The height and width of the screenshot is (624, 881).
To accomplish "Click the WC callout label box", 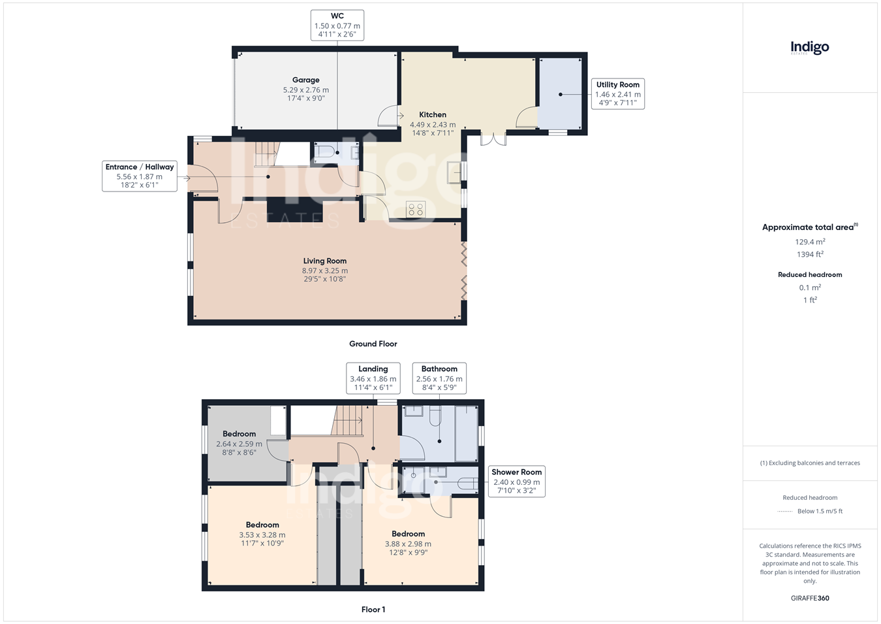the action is (x=337, y=25).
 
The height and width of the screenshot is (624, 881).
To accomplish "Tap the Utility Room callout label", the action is (x=617, y=93).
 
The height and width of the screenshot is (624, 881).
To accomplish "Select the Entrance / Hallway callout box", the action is (x=139, y=176).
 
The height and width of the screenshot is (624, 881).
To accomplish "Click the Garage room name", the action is (x=305, y=80).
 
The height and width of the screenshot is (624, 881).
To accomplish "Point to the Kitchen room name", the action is (x=433, y=114).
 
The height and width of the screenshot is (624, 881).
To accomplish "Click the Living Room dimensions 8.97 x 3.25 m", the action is (x=325, y=271).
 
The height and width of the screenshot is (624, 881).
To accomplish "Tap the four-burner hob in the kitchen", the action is (x=416, y=209).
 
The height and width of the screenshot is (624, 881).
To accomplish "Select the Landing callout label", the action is (x=373, y=378).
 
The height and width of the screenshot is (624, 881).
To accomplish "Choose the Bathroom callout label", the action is (x=439, y=378).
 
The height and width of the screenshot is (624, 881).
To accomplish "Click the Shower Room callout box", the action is (x=516, y=481).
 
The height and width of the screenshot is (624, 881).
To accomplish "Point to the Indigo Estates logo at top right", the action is (x=810, y=48).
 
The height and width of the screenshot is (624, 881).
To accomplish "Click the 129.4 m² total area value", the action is (x=810, y=242).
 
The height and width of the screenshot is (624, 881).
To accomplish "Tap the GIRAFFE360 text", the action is (x=810, y=598).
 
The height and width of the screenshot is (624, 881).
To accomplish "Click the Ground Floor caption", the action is (x=373, y=344).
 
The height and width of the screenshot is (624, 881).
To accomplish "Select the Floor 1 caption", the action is (x=373, y=610).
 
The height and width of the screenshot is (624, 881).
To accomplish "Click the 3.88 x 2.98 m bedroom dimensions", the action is (x=408, y=544).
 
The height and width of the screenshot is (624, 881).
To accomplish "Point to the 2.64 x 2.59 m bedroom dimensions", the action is (x=239, y=444).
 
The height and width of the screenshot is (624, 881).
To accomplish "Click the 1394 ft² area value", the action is (x=810, y=254).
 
